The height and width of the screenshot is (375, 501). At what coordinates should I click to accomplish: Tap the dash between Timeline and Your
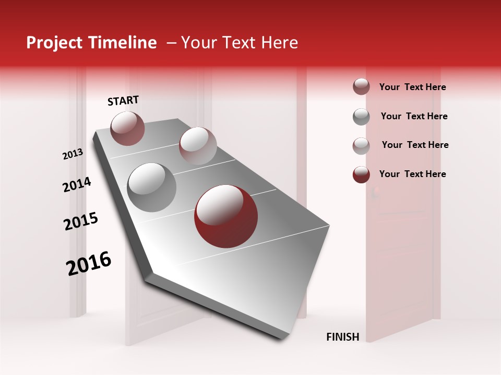tap(171, 43)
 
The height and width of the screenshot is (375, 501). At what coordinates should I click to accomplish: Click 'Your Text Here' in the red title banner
tap(239, 43)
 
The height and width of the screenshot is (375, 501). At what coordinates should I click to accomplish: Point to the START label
tap(123, 101)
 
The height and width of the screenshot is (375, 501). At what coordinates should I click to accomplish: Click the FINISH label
tap(342, 337)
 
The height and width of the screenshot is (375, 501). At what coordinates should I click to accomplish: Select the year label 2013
tap(73, 154)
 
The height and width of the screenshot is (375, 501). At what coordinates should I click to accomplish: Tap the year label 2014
tap(77, 185)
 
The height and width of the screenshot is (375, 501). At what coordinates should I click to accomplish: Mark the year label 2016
tap(89, 263)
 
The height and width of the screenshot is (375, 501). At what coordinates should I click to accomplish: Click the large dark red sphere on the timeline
tap(225, 216)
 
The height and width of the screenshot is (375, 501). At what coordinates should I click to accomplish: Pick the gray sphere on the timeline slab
tap(152, 187)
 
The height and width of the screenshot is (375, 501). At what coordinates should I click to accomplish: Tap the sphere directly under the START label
tap(127, 128)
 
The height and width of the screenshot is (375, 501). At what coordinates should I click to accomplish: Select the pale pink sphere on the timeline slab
tap(198, 146)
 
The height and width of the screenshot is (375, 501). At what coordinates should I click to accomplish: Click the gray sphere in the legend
tap(361, 117)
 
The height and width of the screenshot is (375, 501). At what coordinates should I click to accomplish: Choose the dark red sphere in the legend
tap(361, 174)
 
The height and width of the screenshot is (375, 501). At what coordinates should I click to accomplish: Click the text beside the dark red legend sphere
tap(412, 174)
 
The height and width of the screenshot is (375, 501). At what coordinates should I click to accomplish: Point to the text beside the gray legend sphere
tap(414, 116)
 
